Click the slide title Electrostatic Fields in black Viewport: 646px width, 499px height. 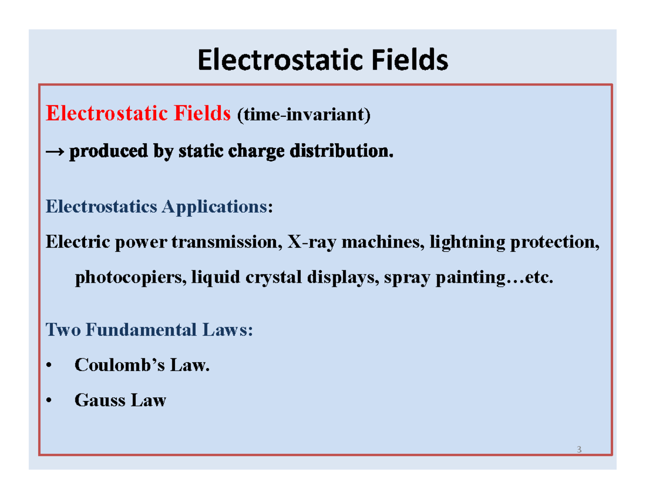coord(323,60)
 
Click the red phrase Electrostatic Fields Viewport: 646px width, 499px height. coord(138,115)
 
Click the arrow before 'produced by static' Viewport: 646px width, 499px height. coord(55,153)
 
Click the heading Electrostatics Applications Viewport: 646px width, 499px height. coord(156,206)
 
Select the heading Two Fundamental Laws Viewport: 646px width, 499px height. coord(148,329)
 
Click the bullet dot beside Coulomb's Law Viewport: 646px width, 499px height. coord(49,367)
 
